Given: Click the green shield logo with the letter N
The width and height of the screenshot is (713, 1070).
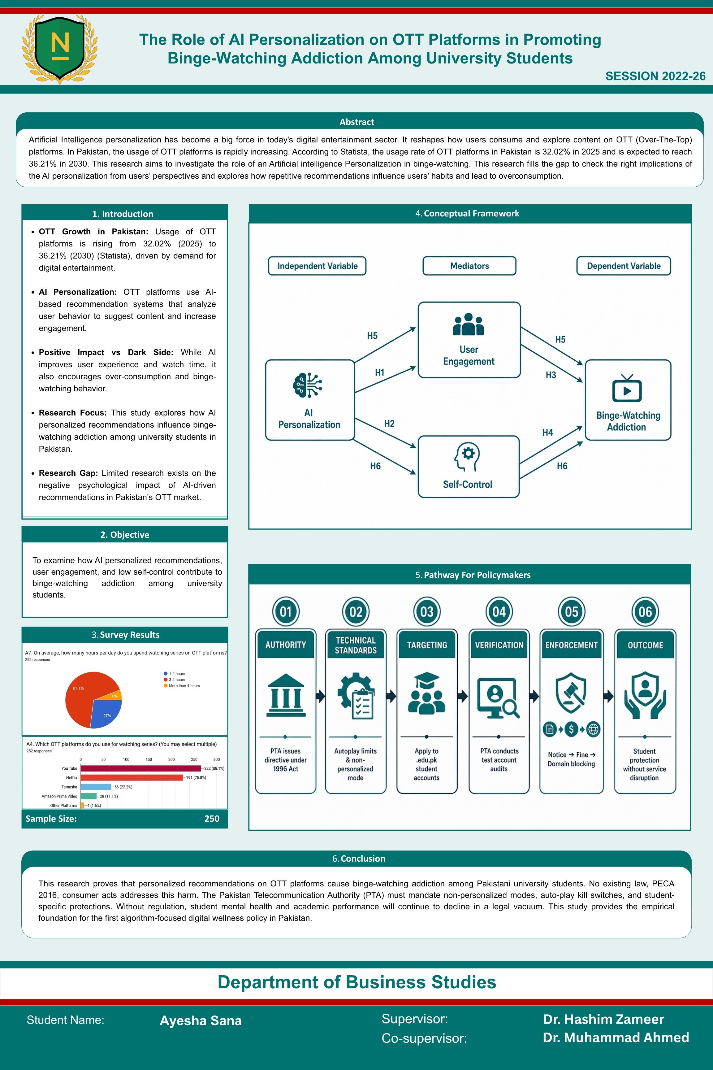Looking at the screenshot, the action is click(x=59, y=49).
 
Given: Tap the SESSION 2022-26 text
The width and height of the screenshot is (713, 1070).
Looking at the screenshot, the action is click(x=655, y=76).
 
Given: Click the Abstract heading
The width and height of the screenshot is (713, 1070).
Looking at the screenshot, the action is click(x=356, y=122).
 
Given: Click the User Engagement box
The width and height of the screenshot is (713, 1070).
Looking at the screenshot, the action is click(x=469, y=340).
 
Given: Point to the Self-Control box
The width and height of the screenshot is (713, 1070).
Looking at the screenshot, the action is click(x=468, y=466).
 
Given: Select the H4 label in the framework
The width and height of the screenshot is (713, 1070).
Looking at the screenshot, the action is click(x=547, y=432).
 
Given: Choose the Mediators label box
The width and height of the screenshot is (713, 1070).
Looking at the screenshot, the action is click(x=469, y=266).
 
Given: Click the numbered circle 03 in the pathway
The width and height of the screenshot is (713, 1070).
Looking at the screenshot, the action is click(x=426, y=611).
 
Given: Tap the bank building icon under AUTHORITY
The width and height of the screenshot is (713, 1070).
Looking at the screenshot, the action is click(x=286, y=695).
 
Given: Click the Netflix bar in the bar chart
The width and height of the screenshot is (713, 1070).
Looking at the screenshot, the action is click(x=132, y=777).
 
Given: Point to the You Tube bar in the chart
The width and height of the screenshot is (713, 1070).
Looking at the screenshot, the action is click(x=141, y=768).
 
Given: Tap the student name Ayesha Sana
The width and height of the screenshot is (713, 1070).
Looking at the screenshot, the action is click(x=201, y=1020).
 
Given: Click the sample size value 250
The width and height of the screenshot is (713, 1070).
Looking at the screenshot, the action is click(x=212, y=818).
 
